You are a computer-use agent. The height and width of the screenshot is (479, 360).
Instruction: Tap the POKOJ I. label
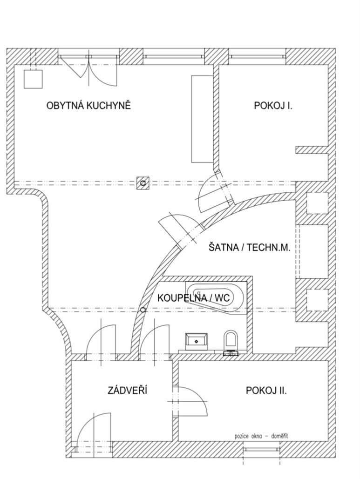click(273, 106)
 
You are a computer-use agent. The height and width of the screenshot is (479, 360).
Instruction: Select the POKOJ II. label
click(266, 391)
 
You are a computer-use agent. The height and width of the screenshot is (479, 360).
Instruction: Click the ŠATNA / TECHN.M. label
click(249, 247)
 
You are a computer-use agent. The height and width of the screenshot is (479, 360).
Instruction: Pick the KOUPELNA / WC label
click(193, 297)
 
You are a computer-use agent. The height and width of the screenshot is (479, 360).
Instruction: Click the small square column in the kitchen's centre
click(143, 183)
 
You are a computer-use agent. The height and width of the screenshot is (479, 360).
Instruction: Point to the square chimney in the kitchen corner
click(33, 79)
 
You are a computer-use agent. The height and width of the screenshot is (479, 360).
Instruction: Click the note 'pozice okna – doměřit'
click(261, 436)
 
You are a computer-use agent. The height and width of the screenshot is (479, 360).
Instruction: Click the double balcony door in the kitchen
click(88, 70)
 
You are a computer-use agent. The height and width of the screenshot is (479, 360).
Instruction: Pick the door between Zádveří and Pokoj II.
click(190, 401)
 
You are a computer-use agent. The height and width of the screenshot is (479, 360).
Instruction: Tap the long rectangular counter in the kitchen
click(202, 119)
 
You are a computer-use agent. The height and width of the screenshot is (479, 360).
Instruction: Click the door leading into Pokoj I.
click(214, 192)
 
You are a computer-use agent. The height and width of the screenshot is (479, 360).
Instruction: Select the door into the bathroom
click(154, 339)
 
